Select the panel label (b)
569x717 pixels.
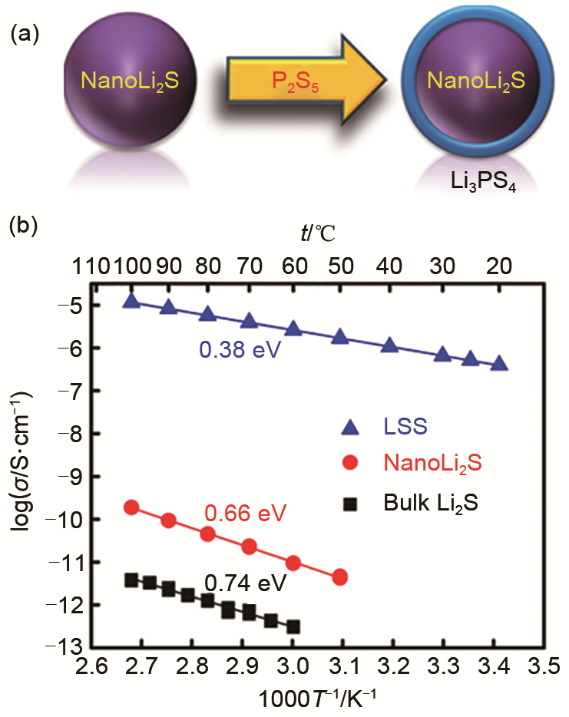tap(25, 227)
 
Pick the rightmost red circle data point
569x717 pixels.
tap(340, 577)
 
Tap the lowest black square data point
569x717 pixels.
tap(293, 626)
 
